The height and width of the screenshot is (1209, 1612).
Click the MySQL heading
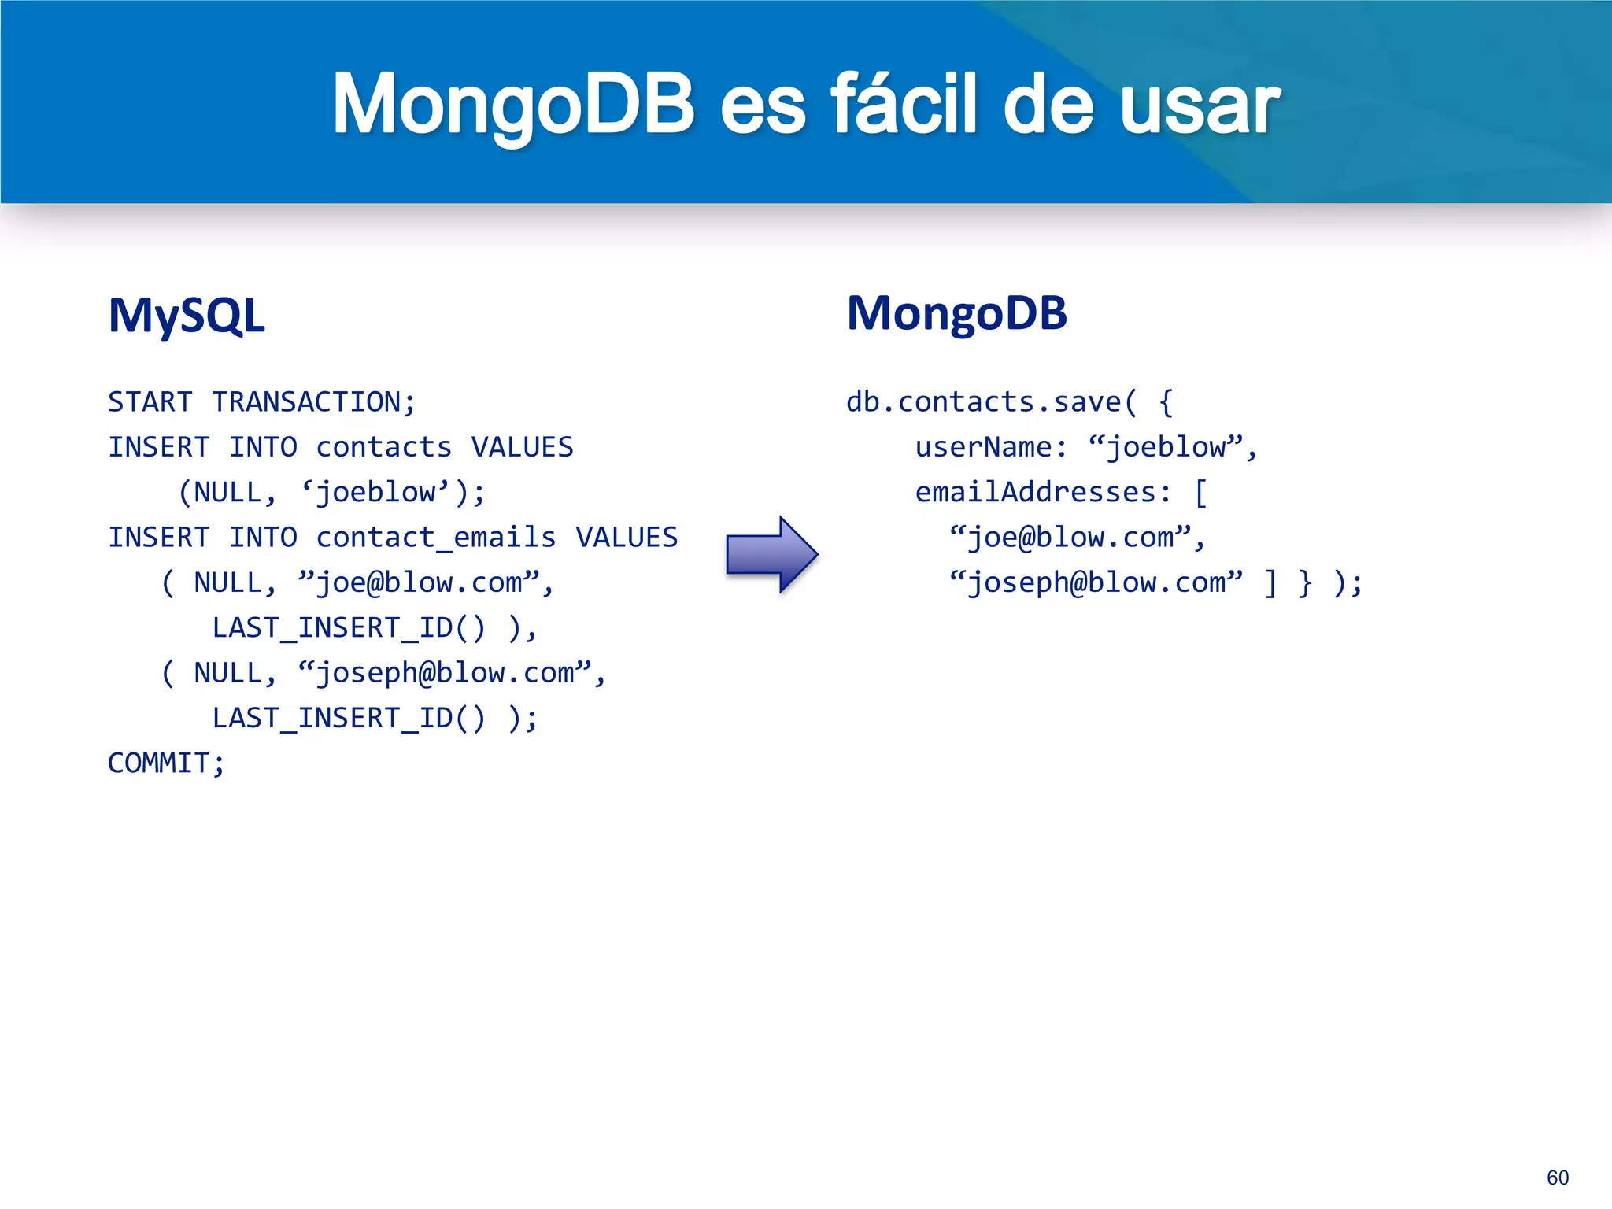click(187, 316)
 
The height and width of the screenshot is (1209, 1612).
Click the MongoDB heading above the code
click(956, 313)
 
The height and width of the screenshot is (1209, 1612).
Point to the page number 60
click(1557, 1178)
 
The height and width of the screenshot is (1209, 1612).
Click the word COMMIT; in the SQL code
click(166, 763)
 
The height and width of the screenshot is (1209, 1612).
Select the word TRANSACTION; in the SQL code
click(313, 402)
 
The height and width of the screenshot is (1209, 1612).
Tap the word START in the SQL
click(150, 402)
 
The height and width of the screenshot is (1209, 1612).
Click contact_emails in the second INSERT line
click(435, 538)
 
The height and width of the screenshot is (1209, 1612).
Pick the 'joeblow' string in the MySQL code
click(375, 493)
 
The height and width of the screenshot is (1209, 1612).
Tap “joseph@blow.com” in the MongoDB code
click(1096, 583)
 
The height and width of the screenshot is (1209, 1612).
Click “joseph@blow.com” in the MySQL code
click(444, 673)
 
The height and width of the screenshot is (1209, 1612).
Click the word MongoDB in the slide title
click(513, 104)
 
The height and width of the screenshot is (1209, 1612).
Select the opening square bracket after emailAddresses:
click(1200, 493)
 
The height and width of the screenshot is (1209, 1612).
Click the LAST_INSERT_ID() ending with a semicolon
click(349, 718)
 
